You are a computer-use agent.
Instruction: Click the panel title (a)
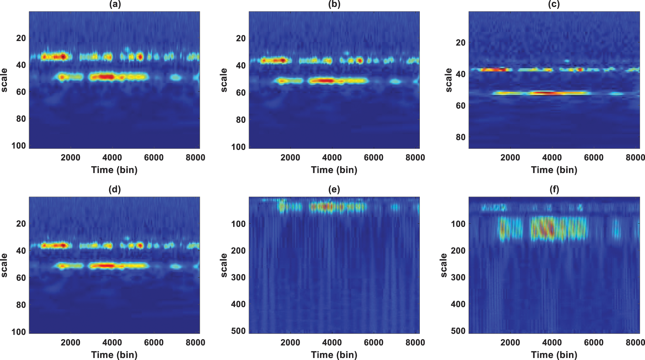[x=114, y=4]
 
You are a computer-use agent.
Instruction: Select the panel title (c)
[x=554, y=4]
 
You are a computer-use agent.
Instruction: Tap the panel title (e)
[x=334, y=189]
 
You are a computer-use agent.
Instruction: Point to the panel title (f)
[x=554, y=189]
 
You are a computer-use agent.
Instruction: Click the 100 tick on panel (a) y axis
[x=19, y=146]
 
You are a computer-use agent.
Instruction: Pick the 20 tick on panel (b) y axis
[x=241, y=38]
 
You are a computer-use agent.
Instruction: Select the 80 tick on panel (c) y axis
[x=460, y=137]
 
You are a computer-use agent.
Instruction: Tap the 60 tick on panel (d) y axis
[x=21, y=278]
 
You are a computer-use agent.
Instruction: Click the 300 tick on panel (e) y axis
[x=238, y=277]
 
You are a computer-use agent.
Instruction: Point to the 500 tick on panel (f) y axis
[x=458, y=331]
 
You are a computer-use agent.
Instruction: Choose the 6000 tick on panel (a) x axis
[x=154, y=157]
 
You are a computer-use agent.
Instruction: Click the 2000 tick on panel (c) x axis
[x=510, y=157]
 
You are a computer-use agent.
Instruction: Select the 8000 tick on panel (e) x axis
[x=415, y=343]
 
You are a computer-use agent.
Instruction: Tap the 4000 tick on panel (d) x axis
[x=112, y=343]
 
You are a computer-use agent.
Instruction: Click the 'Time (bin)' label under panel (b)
[x=334, y=170]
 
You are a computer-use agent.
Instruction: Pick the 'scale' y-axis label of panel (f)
[x=444, y=265]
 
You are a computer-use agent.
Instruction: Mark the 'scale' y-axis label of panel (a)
[x=4, y=80]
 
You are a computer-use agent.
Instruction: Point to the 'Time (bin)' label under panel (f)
[x=554, y=355]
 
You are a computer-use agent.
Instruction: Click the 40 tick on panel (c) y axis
[x=460, y=74]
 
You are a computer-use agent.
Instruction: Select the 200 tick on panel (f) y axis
[x=458, y=250]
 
